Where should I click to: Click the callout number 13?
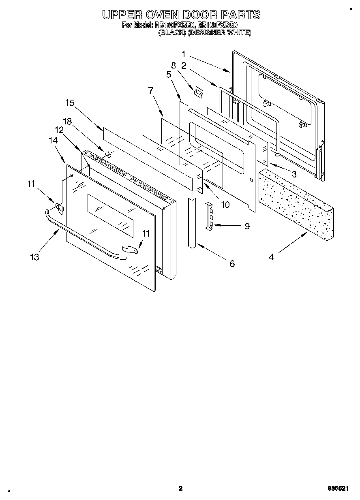click(x=35, y=256)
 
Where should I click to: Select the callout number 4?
click(x=271, y=256)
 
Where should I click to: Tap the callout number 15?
click(x=70, y=103)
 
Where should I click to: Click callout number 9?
click(x=247, y=226)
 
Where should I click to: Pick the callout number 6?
click(x=232, y=264)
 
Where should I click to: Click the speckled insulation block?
click(x=296, y=203)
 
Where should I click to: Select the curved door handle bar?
click(x=81, y=235)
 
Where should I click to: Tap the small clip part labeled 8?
click(x=198, y=92)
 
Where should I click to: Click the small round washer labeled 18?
click(x=108, y=154)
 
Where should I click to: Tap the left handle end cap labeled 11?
click(x=60, y=207)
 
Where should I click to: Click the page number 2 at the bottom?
click(x=181, y=488)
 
